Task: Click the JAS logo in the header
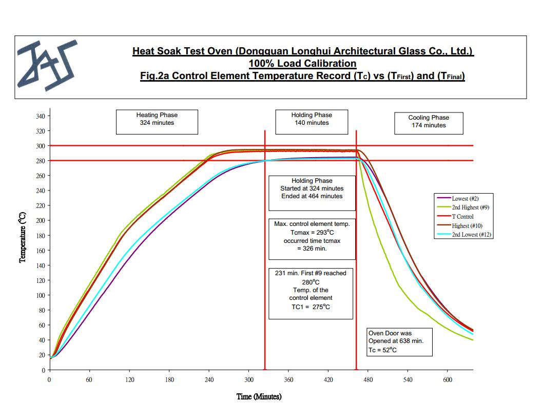point(46,65)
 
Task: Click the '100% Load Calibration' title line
point(302,64)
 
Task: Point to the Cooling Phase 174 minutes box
point(429,122)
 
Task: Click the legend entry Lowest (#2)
point(465,198)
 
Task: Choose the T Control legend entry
point(462,217)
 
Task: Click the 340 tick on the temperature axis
point(40,116)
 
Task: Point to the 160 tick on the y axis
point(40,251)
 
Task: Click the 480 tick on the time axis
point(368,380)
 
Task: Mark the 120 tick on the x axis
point(129,380)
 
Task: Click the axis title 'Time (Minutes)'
point(259,396)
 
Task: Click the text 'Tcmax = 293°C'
point(312,233)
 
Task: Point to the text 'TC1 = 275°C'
point(311,307)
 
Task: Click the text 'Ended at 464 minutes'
point(312,196)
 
